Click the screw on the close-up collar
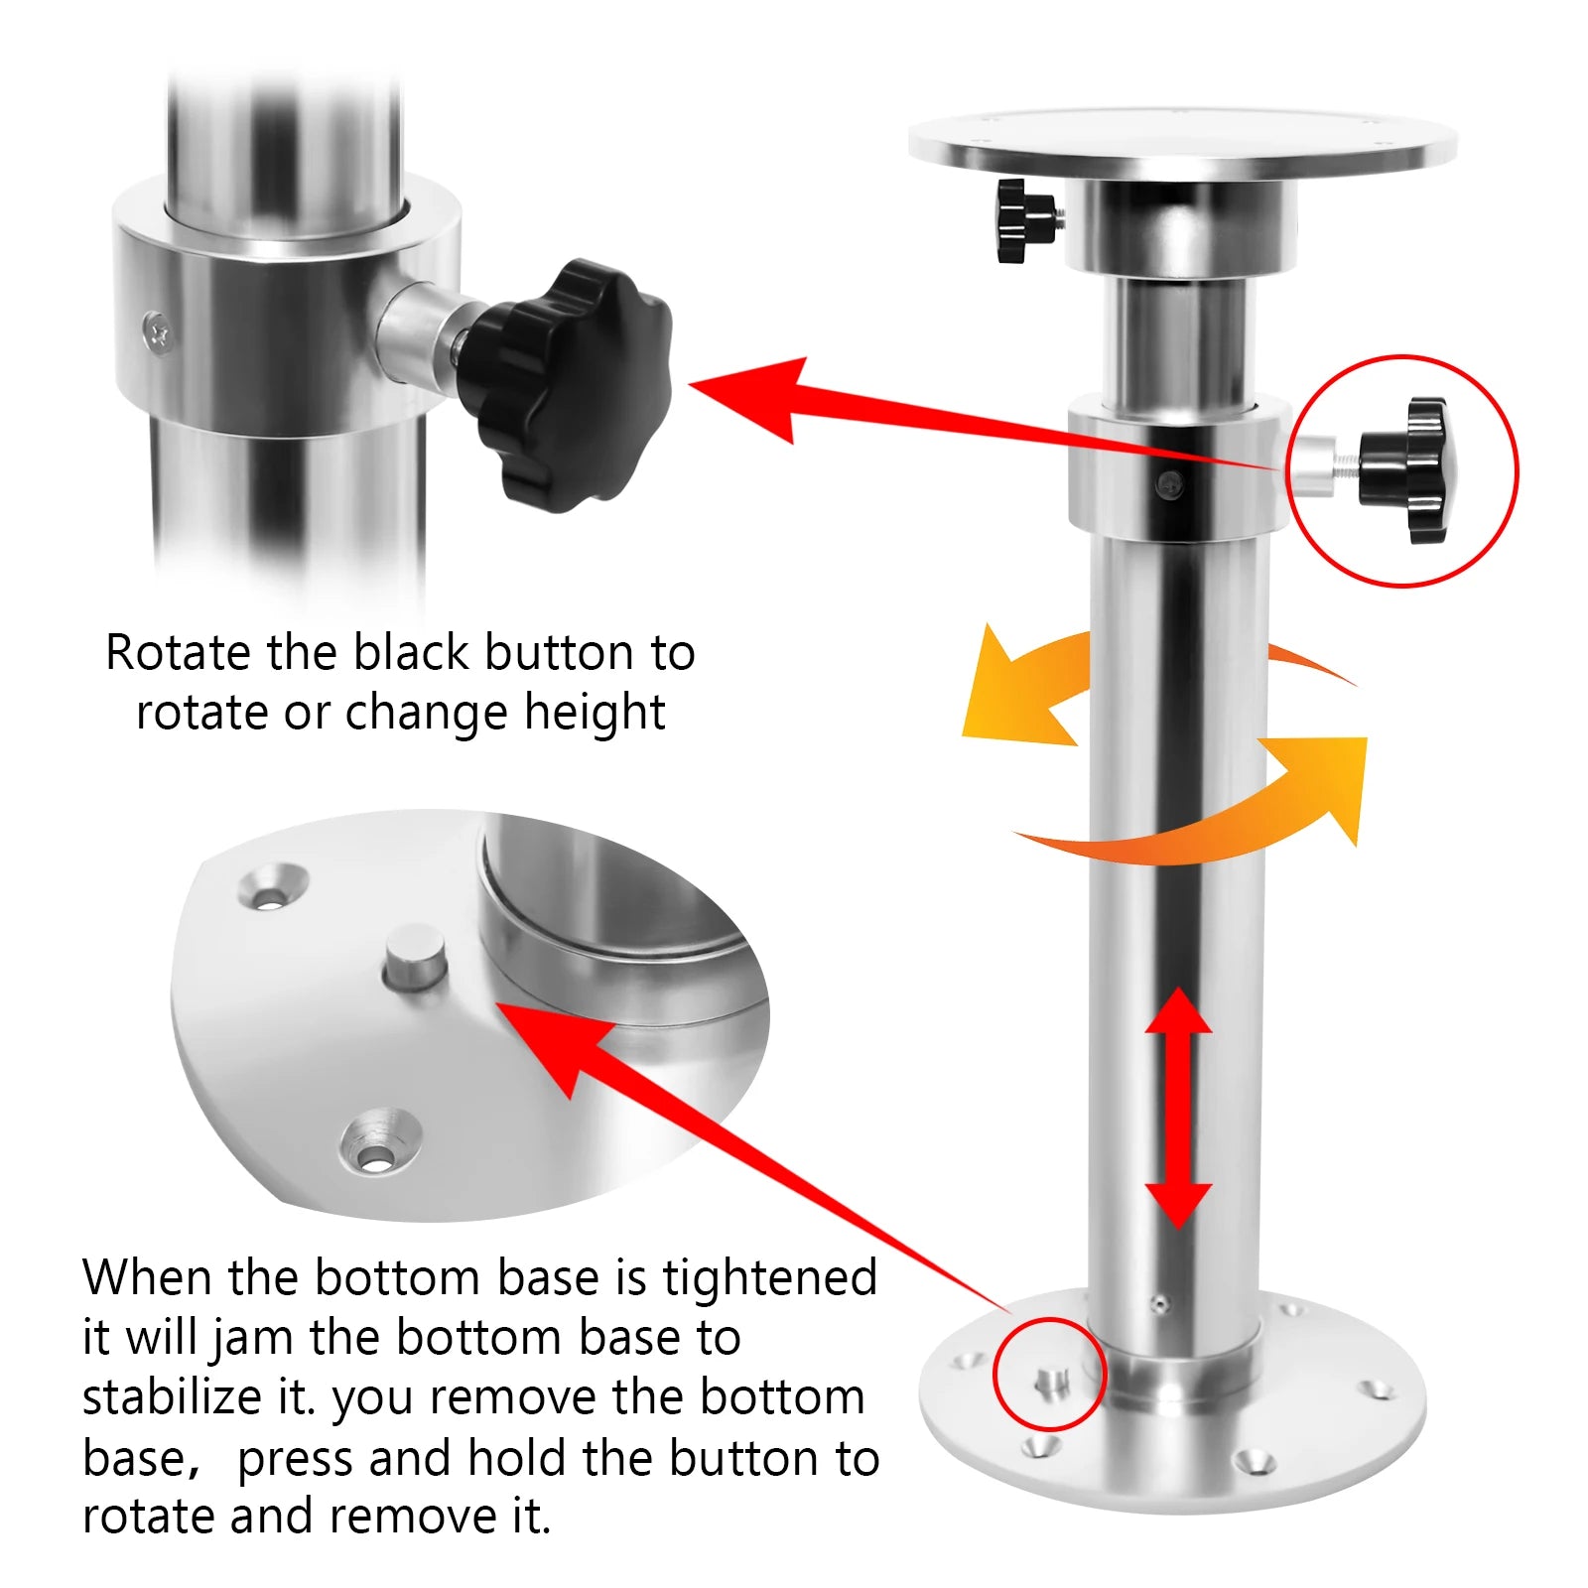tap(159, 331)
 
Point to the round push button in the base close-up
tap(415, 957)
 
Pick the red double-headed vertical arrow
tap(1178, 1108)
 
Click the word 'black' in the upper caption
tap(411, 653)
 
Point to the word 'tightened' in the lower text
tap(770, 1278)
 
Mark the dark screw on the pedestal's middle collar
tap(1171, 484)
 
